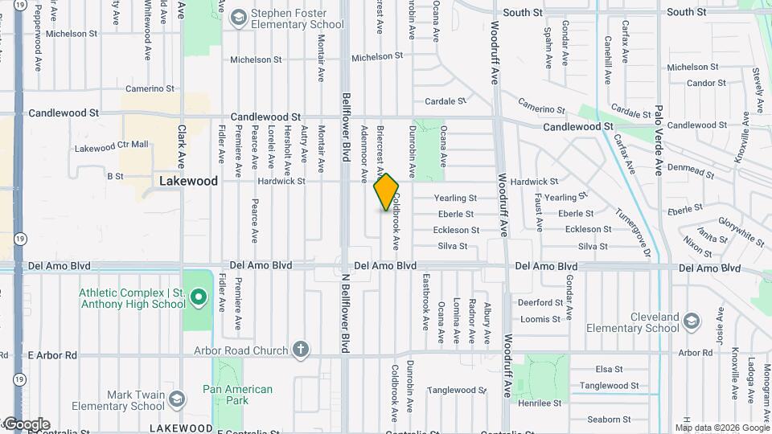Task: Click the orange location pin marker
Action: pos(386,192)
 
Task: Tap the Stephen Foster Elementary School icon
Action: pos(238,18)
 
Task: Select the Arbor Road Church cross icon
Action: pos(300,350)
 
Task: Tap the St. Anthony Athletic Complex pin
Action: pos(198,301)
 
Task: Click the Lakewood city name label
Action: pos(188,181)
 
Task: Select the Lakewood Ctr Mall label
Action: pos(112,147)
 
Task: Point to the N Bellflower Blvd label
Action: pos(345,313)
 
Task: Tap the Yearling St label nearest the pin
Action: pos(455,198)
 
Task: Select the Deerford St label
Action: pos(540,303)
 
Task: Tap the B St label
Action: pos(115,175)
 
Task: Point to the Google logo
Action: pos(27,424)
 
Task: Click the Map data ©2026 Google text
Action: pos(722,428)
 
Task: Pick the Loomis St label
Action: pos(540,319)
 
